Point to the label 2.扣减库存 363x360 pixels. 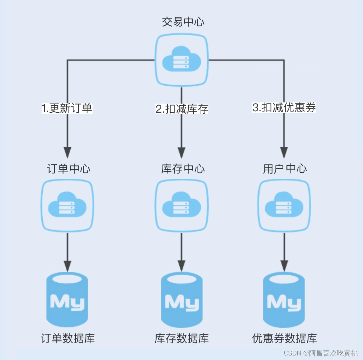tap(182, 109)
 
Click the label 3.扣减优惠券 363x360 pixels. tap(284, 108)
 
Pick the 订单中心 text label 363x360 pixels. tap(69, 169)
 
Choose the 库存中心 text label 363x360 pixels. tap(183, 169)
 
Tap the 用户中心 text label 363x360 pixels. tap(285, 169)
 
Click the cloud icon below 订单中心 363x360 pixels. tap(67, 206)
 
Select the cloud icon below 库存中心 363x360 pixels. tap(181, 206)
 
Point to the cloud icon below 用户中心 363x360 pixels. tap(284, 206)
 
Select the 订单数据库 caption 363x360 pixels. tap(68, 338)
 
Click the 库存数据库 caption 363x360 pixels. tap(181, 338)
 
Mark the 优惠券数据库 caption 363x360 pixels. tap(284, 338)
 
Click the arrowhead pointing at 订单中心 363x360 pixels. tap(67, 152)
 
